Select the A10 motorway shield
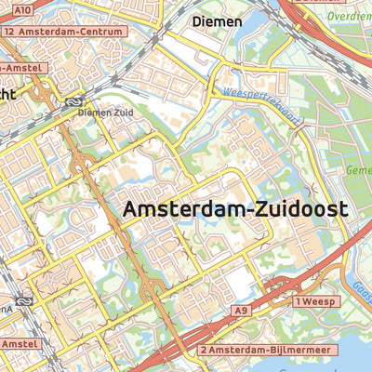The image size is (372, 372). click(x=22, y=9)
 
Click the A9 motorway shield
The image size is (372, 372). click(x=243, y=310)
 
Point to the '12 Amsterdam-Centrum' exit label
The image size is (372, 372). click(x=63, y=31)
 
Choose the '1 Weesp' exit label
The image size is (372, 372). click(x=314, y=302)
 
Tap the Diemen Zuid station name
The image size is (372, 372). click(x=107, y=113)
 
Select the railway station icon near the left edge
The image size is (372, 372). click(x=24, y=300)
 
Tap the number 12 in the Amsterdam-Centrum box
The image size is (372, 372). click(x=10, y=31)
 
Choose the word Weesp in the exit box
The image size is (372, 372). click(x=320, y=302)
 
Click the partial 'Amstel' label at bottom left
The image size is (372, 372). click(x=20, y=344)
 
